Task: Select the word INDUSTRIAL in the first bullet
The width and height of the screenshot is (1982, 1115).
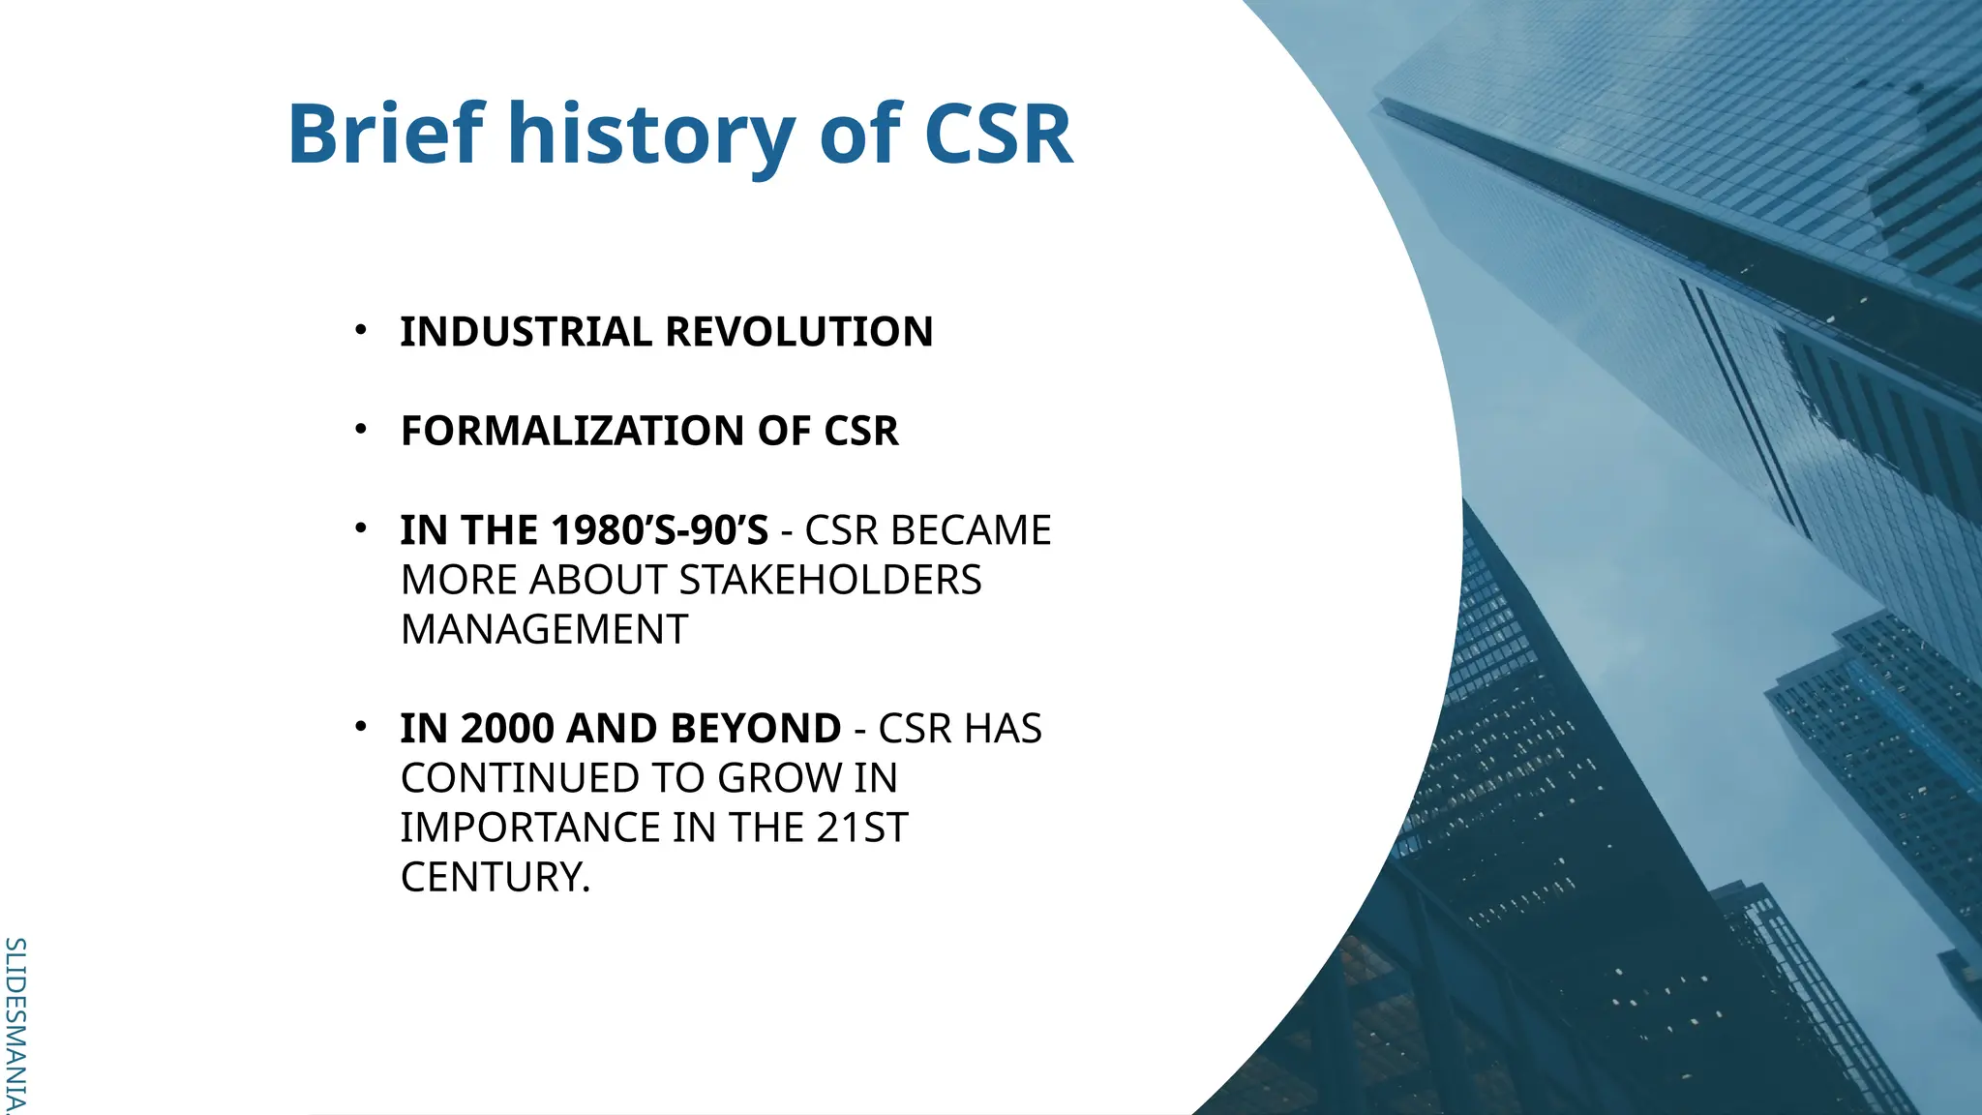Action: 526,332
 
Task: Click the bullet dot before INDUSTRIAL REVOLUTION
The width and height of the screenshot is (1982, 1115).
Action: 361,330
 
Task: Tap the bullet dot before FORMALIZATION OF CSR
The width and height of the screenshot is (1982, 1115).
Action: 361,429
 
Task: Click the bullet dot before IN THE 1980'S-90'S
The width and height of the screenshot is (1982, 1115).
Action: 361,528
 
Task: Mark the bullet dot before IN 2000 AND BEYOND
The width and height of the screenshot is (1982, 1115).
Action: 361,726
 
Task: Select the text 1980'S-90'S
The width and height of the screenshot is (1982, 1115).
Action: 659,530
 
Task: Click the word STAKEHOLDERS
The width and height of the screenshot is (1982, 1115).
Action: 830,581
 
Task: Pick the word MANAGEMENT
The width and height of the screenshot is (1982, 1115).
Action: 544,630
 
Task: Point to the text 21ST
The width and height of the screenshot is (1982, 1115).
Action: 862,829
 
